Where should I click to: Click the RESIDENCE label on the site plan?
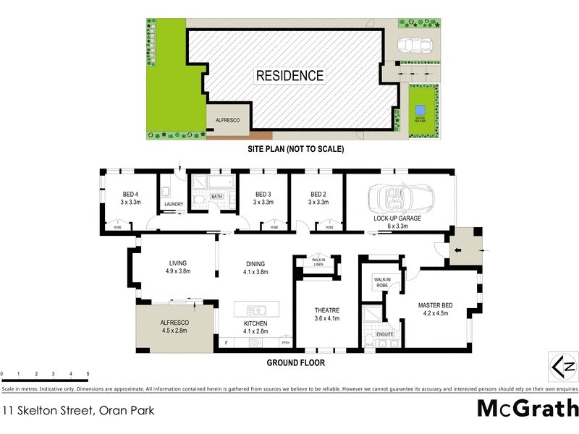289,75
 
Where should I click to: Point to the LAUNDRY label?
174,204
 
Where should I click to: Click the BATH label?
216,196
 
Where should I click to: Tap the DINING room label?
255,263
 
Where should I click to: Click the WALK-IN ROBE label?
381,281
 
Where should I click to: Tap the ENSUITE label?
385,333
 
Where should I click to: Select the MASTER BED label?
435,305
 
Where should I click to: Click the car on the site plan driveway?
416,46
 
